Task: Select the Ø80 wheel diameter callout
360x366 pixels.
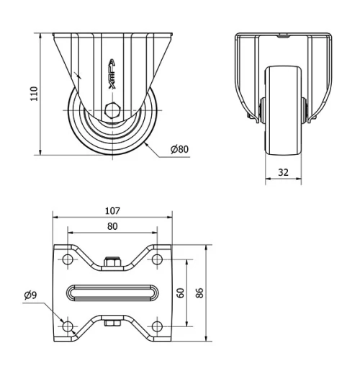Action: (179, 149)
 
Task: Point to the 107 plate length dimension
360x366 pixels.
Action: (112, 211)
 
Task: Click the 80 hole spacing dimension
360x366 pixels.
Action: (112, 226)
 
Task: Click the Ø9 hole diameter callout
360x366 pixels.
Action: (30, 295)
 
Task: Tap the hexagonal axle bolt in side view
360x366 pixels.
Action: (112, 111)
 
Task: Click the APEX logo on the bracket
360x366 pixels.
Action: (112, 73)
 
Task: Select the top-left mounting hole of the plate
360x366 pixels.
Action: (68, 259)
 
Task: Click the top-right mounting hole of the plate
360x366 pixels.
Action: (156, 259)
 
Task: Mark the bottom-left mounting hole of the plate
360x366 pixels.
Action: (68, 326)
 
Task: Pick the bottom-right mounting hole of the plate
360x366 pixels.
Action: (156, 326)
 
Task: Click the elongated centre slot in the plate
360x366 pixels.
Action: (112, 293)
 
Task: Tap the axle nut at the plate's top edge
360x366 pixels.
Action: (112, 264)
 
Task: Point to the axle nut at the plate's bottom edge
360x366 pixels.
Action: (112, 322)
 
